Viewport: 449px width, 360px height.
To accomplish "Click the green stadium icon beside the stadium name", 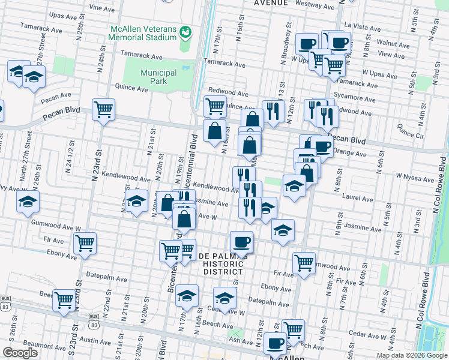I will coord(185,31).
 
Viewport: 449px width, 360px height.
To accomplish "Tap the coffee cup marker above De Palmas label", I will coord(241,242).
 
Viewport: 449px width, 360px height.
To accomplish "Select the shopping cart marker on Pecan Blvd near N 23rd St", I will coord(104,110).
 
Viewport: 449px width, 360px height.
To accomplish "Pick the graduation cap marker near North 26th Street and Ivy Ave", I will coord(28,202).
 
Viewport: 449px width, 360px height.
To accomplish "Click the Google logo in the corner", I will coord(20,352).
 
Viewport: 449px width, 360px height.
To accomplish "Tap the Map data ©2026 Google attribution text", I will coord(412,355).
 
